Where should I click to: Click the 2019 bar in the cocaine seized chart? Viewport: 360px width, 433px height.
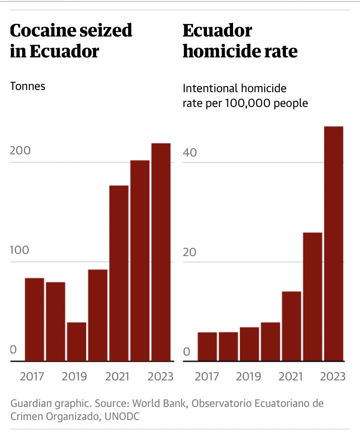coord(77,342)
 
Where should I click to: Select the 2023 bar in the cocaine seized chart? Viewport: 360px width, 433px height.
coord(161,252)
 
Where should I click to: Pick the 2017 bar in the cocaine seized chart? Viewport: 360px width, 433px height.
coord(34,320)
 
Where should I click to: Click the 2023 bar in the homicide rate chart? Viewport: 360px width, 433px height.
coord(333,243)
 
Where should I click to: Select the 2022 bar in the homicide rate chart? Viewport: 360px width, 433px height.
coord(313,297)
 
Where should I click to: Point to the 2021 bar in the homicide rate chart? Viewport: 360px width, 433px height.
coord(291,326)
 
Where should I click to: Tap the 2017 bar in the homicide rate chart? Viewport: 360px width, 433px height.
coord(207,346)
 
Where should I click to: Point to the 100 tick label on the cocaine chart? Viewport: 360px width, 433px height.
coord(20,251)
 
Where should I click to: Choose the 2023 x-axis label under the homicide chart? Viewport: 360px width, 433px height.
coord(333,376)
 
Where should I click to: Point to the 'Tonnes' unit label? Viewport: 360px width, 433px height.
coord(27,86)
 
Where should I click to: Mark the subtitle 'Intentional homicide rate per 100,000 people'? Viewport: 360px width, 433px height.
coord(245,96)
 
